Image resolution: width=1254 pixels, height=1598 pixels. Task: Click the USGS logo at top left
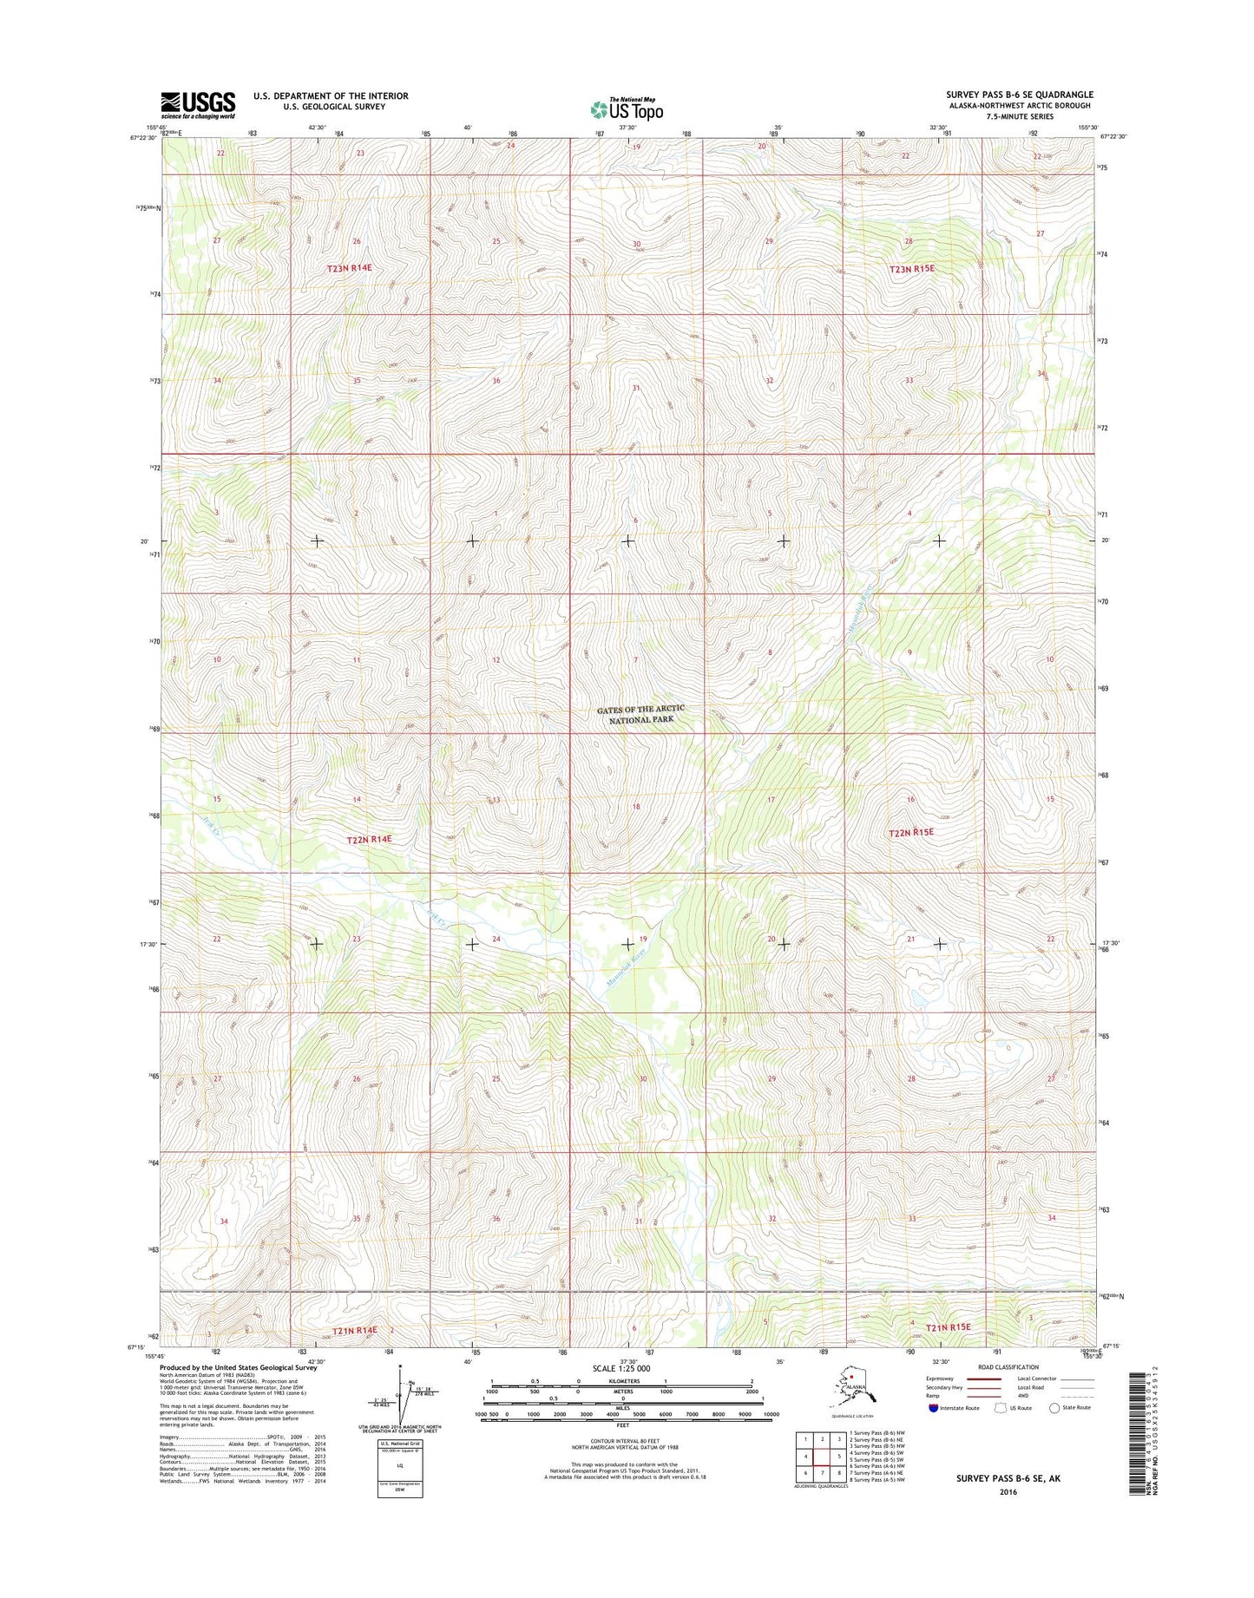(x=198, y=105)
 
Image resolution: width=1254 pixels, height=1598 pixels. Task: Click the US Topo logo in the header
(x=627, y=109)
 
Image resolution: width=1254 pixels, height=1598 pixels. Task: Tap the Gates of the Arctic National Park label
(x=640, y=714)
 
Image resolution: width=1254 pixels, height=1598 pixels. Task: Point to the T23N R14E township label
(x=349, y=269)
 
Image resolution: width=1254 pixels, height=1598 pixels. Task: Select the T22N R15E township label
(x=911, y=832)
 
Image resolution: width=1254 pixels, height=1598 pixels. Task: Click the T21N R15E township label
(x=948, y=1328)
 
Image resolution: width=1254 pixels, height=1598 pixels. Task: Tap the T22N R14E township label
(x=370, y=840)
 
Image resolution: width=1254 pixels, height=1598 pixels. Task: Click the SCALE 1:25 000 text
(x=620, y=1369)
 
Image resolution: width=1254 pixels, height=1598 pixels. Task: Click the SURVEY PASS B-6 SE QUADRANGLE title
(x=1020, y=95)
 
